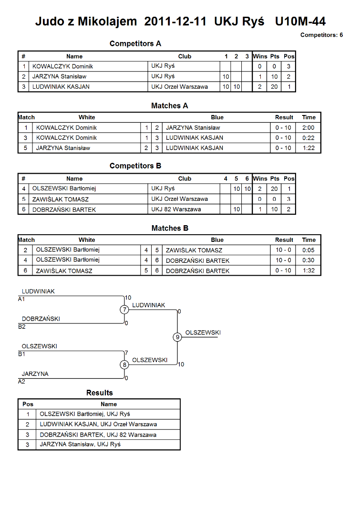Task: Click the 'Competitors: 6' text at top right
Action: (321, 35)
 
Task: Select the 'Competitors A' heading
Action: (135, 43)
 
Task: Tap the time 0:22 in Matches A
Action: (309, 138)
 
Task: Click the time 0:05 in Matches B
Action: (309, 250)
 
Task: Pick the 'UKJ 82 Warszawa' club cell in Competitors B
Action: (176, 209)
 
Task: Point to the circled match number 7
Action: (124, 310)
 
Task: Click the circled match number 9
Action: (177, 337)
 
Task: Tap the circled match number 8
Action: (124, 364)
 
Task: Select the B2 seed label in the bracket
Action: (22, 326)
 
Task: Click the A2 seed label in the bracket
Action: (21, 382)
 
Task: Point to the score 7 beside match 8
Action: (126, 353)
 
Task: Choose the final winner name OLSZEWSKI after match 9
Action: (203, 333)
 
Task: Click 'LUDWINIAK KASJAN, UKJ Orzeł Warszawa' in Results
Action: (98, 424)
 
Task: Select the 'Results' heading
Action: (100, 393)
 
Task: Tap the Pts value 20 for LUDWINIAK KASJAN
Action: (274, 87)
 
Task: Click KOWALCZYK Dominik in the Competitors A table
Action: (62, 66)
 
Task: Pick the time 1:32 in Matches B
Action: (309, 271)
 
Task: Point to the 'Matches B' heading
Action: (170, 229)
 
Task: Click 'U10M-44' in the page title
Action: (300, 21)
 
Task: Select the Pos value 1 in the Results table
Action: (28, 414)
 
